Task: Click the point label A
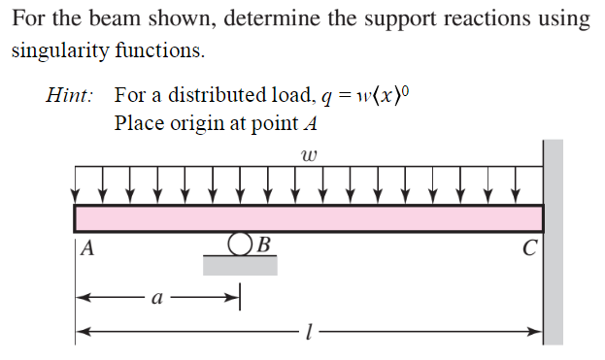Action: (x=87, y=247)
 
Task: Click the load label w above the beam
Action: (x=310, y=154)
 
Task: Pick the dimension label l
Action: (x=307, y=333)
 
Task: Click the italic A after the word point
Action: (x=310, y=123)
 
